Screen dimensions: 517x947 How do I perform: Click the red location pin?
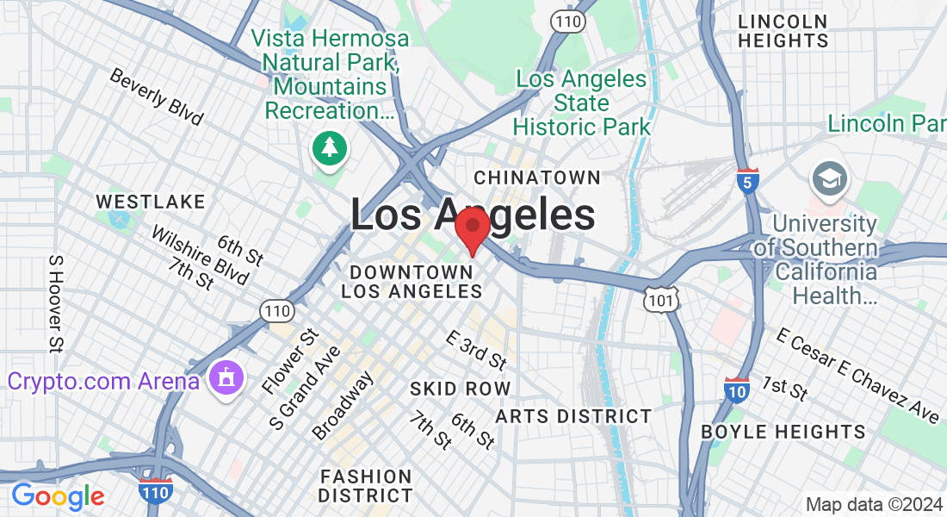tap(472, 228)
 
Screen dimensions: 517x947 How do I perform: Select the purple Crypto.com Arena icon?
tap(226, 379)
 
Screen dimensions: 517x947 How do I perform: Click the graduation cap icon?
tap(829, 180)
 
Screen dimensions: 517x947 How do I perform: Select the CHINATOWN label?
tap(537, 178)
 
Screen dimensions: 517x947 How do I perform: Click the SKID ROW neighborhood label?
tap(460, 389)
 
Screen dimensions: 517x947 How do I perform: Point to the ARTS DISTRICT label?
tap(573, 416)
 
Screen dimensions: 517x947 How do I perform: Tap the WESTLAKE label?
tap(151, 202)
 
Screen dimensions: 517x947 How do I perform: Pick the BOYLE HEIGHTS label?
tap(783, 432)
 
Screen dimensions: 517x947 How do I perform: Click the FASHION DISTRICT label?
tap(365, 486)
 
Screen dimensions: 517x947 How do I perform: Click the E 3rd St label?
tap(476, 348)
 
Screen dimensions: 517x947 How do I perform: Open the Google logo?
tap(58, 496)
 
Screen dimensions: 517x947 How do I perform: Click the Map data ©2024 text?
tap(874, 504)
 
